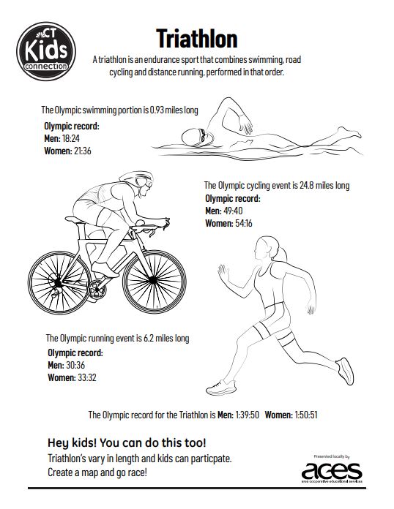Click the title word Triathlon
click(197, 39)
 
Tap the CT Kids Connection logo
click(46, 51)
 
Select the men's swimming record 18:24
click(70, 139)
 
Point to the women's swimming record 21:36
click(83, 151)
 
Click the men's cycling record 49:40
click(233, 211)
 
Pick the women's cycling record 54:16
click(244, 223)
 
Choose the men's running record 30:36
click(75, 365)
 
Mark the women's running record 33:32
click(87, 377)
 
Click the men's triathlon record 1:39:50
click(248, 415)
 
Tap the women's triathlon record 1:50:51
click(306, 415)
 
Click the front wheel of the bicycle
click(154, 281)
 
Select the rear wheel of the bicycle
click(59, 282)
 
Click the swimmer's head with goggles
click(197, 137)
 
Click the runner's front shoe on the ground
click(221, 388)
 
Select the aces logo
click(332, 472)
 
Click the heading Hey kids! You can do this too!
click(127, 442)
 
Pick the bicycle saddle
click(75, 220)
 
